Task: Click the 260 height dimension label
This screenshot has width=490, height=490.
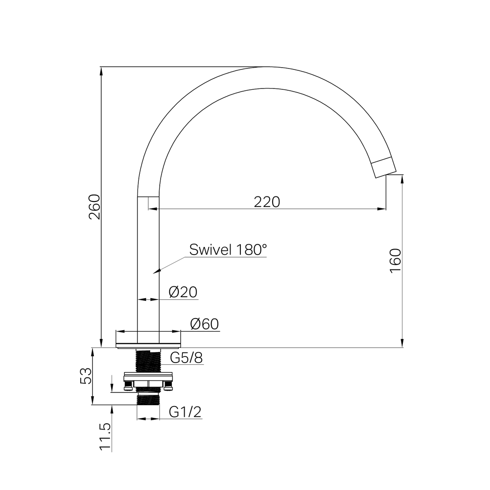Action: pos(95,207)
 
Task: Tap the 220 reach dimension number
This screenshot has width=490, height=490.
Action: pos(267,202)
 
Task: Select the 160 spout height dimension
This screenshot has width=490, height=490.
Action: pos(396,261)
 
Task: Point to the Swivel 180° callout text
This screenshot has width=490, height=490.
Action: pos(228,250)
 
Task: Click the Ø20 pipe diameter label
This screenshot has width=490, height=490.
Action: pos(183,292)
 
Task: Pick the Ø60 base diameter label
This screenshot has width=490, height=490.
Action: pos(205,324)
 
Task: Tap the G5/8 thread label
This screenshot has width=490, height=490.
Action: pos(186,358)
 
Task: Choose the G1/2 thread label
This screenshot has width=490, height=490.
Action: pos(185,412)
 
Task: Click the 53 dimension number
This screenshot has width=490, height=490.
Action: pos(86,376)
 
